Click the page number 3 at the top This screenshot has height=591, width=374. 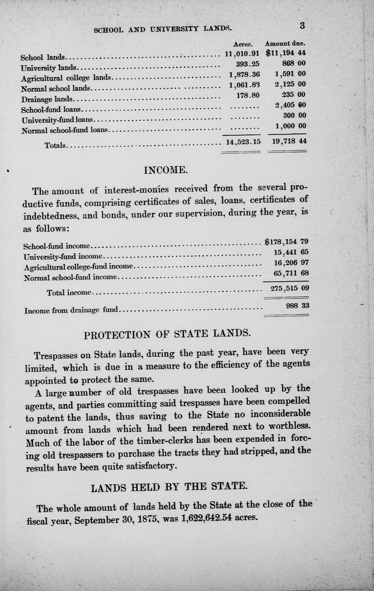[x=302, y=25]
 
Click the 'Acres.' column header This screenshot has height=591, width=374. [x=243, y=44]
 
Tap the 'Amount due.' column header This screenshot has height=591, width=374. [x=285, y=44]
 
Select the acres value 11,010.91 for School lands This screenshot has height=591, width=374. [x=242, y=54]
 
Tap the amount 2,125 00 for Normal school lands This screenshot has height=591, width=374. [x=290, y=84]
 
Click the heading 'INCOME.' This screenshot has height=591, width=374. [x=166, y=171]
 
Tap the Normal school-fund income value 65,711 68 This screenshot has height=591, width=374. [x=291, y=273]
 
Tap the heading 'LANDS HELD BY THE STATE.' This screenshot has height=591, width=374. [x=169, y=487]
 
